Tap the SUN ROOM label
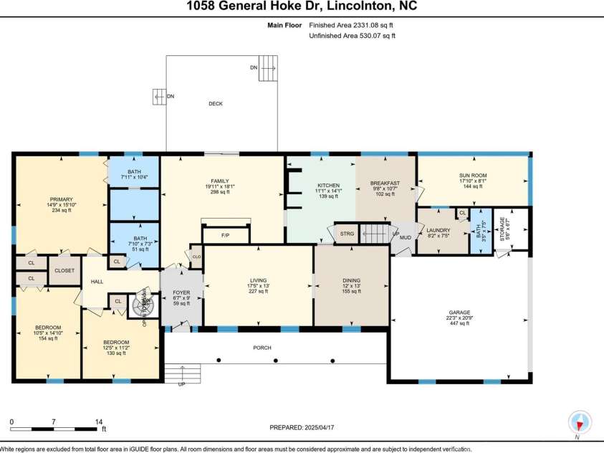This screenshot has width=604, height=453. (473, 175)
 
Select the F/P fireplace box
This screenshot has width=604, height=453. (225, 234)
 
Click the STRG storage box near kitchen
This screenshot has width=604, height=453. (347, 234)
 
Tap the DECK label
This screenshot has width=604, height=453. (216, 104)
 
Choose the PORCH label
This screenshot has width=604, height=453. (262, 348)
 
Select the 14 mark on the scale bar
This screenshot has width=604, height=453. (99, 421)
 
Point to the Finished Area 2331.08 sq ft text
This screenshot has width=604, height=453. (352, 25)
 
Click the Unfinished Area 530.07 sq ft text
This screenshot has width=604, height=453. (352, 35)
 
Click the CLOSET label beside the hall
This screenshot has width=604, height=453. (64, 271)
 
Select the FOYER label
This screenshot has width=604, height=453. (181, 293)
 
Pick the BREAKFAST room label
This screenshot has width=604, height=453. (385, 184)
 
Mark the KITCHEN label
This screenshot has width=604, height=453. (329, 186)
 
